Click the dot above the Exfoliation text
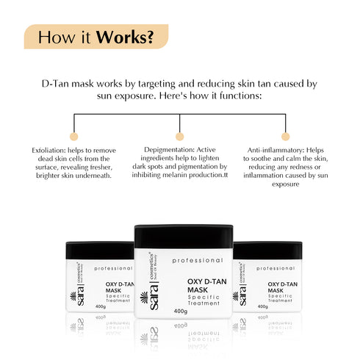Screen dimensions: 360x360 (x=73, y=136)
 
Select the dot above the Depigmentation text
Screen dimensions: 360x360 (x=179, y=136)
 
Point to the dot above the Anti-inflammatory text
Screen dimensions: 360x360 (x=287, y=136)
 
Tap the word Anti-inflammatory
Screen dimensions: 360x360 (x=273, y=149)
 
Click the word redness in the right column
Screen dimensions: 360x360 (x=304, y=167)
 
